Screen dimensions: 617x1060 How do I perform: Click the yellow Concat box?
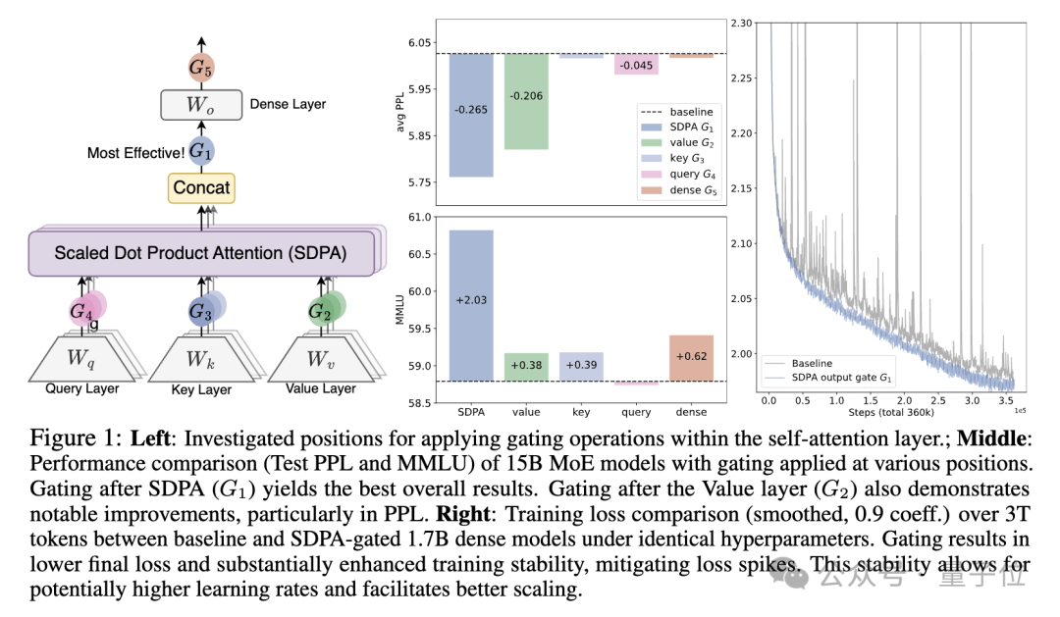[x=201, y=187]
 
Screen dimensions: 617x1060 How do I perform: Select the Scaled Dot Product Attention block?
[x=200, y=253]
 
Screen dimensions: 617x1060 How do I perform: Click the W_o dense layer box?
[x=200, y=104]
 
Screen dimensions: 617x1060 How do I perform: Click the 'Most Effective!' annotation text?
[x=135, y=153]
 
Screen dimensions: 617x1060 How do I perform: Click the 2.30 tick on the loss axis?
[x=743, y=22]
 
